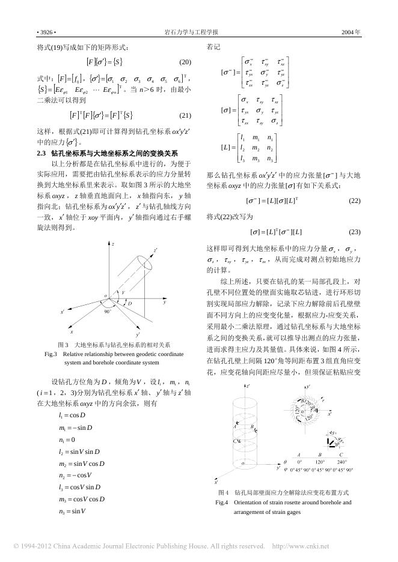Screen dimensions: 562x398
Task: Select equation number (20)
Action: pos(185,62)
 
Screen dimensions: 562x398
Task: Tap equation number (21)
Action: pos(185,115)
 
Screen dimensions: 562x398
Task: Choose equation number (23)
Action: pos(354,231)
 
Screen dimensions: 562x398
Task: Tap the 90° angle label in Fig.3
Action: pos(108,312)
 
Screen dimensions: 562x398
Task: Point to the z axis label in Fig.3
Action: pos(113,244)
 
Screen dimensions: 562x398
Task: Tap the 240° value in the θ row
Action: pos(342,462)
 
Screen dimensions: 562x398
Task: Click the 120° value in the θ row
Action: pos(319,462)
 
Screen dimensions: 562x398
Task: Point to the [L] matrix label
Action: pos(228,147)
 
